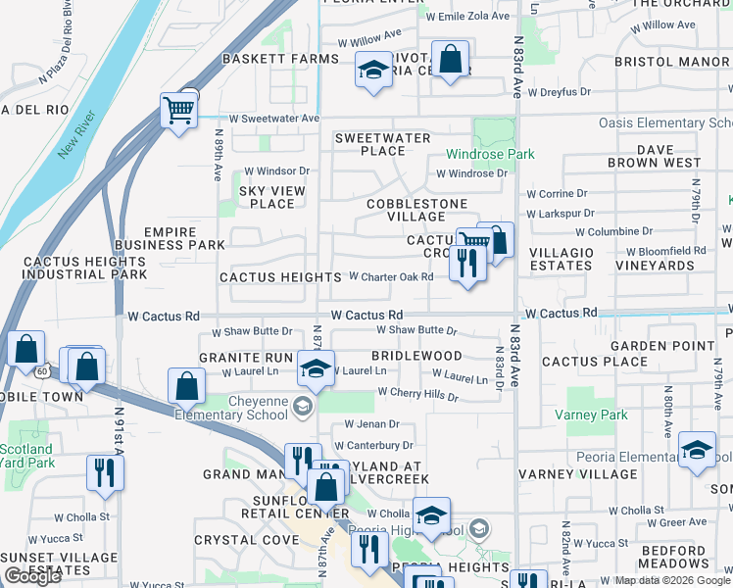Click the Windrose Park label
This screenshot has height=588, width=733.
(x=491, y=155)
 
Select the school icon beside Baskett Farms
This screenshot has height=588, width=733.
(x=372, y=71)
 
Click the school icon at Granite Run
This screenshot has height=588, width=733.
(x=316, y=368)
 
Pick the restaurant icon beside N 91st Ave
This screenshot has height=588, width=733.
(x=102, y=472)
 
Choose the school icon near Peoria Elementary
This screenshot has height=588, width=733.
(x=697, y=450)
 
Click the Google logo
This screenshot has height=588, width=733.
(x=32, y=576)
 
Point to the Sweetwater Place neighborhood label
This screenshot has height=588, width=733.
(x=383, y=144)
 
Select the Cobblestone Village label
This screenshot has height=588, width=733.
(x=415, y=210)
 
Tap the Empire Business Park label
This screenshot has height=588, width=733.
(x=170, y=237)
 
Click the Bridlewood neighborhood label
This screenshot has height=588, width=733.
(x=416, y=356)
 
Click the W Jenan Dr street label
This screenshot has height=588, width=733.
(x=371, y=424)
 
